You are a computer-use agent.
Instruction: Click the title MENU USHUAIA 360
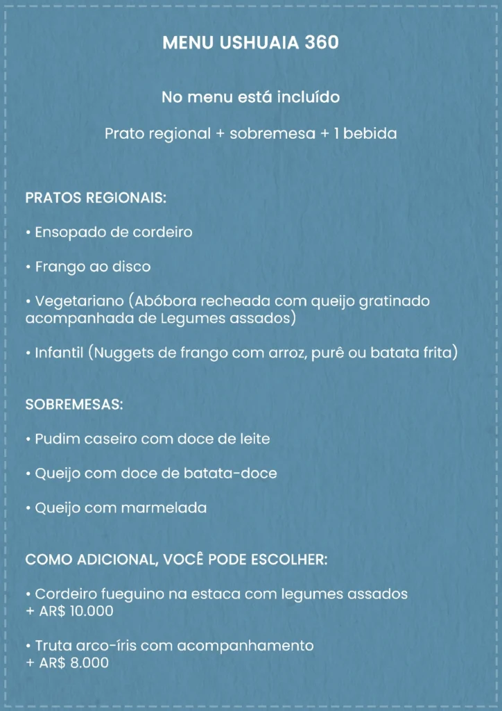tap(250, 43)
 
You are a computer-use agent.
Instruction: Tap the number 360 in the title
tap(320, 43)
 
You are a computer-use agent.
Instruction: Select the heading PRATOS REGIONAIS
tap(96, 198)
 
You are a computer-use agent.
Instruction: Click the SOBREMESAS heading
tap(74, 404)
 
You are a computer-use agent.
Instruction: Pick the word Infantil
tap(60, 353)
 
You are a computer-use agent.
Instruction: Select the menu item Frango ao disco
tap(92, 267)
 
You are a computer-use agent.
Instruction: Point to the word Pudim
tap(57, 439)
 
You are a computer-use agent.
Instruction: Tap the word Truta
tap(54, 646)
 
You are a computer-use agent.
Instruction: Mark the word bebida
tap(370, 133)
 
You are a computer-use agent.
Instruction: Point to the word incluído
tap(309, 97)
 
